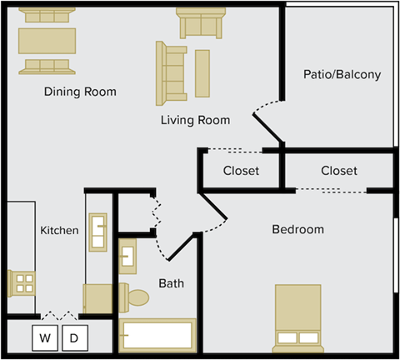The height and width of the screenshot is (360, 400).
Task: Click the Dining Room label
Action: tap(80, 92)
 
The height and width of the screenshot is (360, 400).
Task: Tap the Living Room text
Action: tap(195, 120)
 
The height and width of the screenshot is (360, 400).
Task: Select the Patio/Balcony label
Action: tap(342, 74)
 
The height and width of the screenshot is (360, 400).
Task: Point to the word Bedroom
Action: tap(297, 229)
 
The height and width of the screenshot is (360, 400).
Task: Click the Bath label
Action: tap(171, 283)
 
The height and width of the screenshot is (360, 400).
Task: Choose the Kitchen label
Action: tap(60, 230)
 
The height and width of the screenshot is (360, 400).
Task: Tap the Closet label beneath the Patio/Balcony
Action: tap(338, 171)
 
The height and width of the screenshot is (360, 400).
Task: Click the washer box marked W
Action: tap(45, 337)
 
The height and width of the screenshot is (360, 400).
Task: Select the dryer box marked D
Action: tap(74, 337)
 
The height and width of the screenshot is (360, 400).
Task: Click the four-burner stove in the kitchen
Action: tap(22, 283)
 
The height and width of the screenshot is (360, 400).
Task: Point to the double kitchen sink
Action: tap(97, 232)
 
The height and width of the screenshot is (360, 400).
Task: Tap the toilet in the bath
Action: tap(135, 296)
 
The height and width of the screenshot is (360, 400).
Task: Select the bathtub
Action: tap(157, 336)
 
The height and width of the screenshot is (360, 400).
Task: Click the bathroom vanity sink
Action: tap(128, 256)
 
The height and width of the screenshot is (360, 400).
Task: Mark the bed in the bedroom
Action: tap(297, 318)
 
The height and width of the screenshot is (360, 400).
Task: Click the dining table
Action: tap(47, 40)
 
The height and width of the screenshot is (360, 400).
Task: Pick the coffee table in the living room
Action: tap(202, 72)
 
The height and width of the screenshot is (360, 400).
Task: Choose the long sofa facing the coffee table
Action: tap(172, 72)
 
